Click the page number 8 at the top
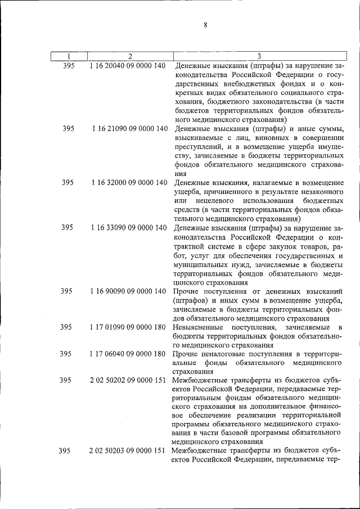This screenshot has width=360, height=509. coord(206,25)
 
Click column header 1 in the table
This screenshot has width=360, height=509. coord(68,56)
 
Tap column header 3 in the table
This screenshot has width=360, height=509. coord(259,56)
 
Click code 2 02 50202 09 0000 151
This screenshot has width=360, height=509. coord(128,381)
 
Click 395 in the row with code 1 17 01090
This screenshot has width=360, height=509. coord(66,327)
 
